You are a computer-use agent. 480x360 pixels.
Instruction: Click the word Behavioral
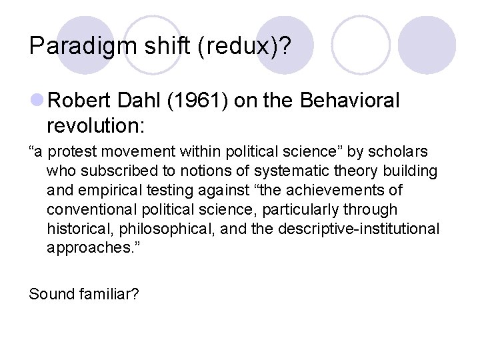350,101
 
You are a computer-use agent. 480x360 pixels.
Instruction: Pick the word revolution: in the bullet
92,125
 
